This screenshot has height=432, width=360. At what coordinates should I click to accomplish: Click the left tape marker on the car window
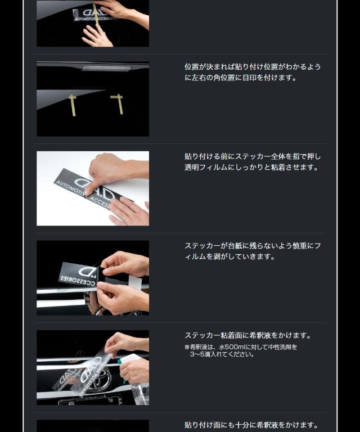point(73,104)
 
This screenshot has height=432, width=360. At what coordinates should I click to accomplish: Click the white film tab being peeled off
point(134,282)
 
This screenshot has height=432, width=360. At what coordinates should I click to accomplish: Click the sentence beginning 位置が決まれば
point(253,67)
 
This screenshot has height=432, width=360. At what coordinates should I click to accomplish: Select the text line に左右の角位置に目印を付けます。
point(240,78)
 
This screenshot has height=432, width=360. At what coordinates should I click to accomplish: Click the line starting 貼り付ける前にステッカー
point(253,156)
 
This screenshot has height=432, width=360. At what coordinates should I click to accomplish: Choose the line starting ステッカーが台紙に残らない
point(253,246)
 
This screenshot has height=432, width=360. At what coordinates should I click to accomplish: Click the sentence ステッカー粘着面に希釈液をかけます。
point(247,336)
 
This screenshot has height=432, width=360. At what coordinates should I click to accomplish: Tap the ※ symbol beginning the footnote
point(187,347)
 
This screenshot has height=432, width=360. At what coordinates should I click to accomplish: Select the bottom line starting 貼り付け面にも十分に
point(251,425)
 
